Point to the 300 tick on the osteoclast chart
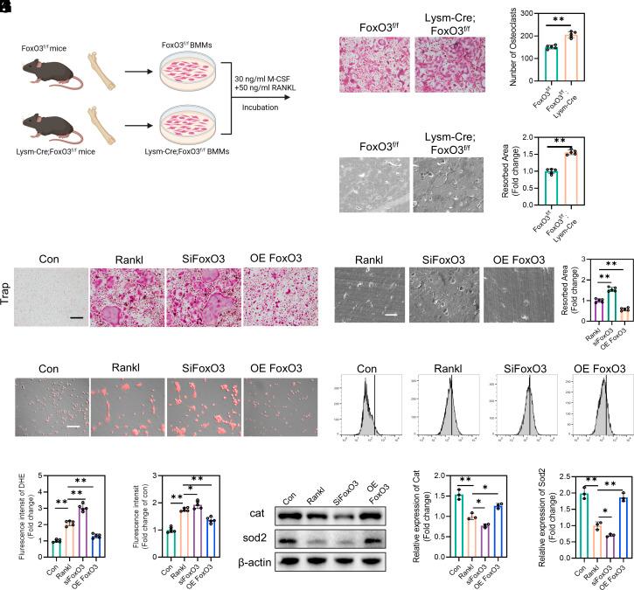point(525,14)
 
